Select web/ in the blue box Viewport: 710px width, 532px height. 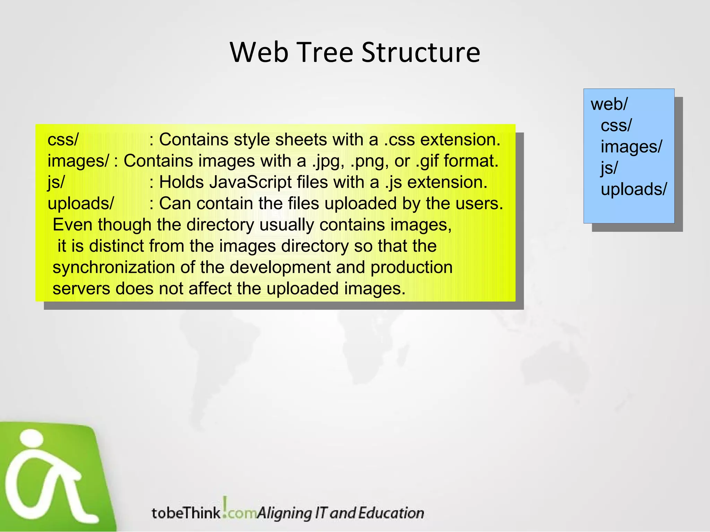(609, 104)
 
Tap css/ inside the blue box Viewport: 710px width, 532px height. (616, 125)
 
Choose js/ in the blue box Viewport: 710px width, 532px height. (609, 168)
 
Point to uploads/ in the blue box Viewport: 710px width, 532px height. (633, 189)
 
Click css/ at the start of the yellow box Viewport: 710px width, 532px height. (63, 140)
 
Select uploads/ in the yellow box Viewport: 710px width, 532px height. (80, 204)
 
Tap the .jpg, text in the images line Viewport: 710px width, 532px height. (328, 161)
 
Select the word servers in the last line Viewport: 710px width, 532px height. (81, 289)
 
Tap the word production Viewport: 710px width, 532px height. (411, 268)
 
